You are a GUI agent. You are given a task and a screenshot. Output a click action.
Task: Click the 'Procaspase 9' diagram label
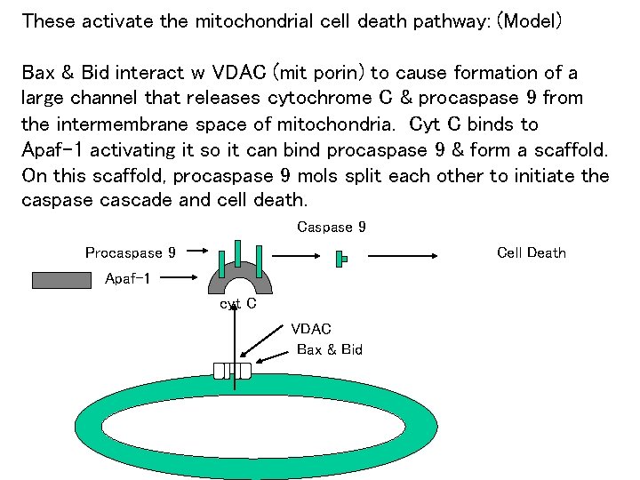point(130,253)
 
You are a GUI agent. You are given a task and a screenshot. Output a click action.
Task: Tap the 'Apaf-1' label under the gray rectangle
point(128,279)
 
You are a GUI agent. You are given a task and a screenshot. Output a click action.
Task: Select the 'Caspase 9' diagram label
point(332,228)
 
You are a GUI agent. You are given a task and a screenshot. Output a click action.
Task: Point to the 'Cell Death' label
point(532,253)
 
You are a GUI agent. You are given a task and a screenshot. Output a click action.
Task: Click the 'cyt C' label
point(238,304)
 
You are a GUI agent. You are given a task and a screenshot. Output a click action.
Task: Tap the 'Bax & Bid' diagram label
point(330,349)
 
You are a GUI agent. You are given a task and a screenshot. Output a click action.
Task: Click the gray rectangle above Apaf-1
point(61,281)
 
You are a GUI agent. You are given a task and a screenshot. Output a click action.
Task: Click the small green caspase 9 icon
point(340,259)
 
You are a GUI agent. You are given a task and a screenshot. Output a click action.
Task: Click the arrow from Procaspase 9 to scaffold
point(194,253)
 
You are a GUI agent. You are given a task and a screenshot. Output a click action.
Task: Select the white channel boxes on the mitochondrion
point(232,371)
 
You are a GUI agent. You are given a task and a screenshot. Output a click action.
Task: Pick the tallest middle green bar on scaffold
point(237,252)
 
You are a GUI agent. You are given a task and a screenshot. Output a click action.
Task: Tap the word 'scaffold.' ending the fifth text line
point(569,149)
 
